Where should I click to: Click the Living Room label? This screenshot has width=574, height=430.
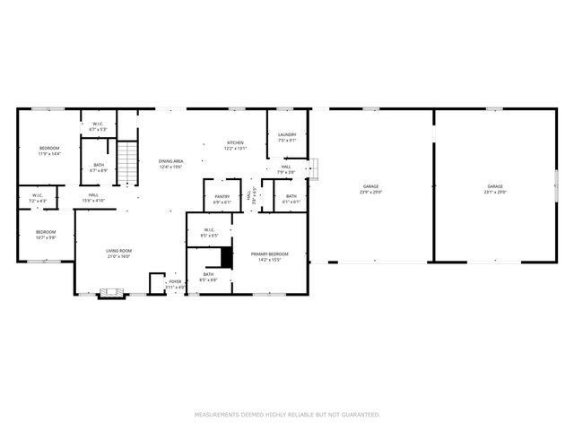[118, 254]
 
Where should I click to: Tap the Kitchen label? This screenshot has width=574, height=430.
[235, 145]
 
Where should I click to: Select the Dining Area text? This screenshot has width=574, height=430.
[171, 163]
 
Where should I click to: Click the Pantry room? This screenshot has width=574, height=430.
[222, 199]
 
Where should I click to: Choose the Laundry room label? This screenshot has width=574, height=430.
[287, 137]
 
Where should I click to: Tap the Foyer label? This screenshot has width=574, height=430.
[175, 284]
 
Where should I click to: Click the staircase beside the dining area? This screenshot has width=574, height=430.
[129, 162]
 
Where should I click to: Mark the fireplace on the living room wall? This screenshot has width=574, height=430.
[111, 292]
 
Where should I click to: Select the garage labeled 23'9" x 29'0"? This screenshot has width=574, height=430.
[370, 189]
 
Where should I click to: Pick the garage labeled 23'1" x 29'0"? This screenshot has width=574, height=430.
[495, 189]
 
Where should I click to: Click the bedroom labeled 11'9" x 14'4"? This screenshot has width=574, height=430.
[48, 150]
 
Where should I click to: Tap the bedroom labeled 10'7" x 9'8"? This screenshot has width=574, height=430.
[46, 235]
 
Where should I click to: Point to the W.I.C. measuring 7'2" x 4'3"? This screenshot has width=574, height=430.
[38, 197]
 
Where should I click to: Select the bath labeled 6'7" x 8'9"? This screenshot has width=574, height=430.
[99, 167]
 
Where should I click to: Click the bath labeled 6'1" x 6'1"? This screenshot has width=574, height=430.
[291, 198]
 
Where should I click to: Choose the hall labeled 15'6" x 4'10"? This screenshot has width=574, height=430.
[93, 197]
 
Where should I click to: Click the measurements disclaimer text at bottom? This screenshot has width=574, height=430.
[287, 415]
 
